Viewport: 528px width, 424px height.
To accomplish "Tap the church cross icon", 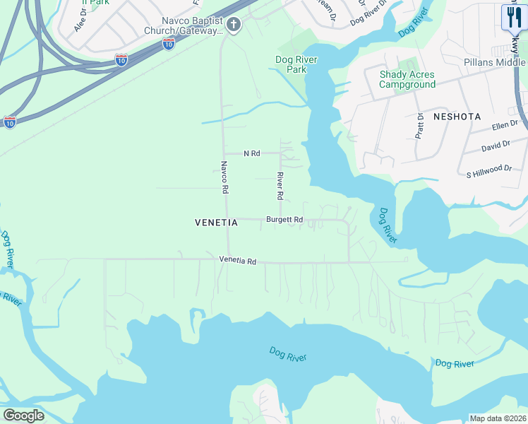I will tap(234, 25).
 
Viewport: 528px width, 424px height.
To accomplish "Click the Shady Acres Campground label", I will tap(407, 79).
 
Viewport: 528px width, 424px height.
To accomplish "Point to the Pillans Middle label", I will tap(495, 62).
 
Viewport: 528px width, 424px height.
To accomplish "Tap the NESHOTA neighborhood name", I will tap(457, 116).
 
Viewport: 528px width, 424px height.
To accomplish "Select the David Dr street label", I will tap(496, 146).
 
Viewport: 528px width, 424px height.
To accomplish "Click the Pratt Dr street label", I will tap(419, 125).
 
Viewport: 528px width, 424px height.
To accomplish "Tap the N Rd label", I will tap(252, 153).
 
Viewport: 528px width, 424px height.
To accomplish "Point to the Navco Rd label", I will tap(224, 177).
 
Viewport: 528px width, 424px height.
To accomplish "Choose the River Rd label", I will tap(280, 185).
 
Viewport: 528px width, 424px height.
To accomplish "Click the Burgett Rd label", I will tap(284, 220).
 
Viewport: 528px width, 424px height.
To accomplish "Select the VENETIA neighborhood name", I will tap(216, 223).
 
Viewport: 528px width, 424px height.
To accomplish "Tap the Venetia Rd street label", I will tap(237, 261).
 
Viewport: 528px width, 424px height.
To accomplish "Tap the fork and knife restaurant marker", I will tap(513, 16).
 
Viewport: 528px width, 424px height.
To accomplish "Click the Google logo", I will tap(23, 415).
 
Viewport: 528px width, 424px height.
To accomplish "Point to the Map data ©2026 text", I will tap(497, 418).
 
